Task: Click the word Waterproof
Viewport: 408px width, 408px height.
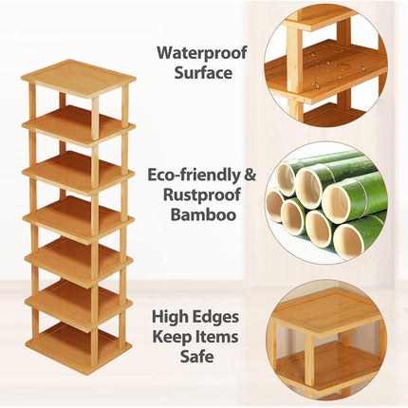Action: [x=202, y=53]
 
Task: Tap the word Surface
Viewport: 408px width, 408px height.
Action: [x=203, y=73]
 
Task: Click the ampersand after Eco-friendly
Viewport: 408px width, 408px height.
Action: [x=250, y=175]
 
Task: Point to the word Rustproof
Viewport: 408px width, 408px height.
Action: [x=202, y=195]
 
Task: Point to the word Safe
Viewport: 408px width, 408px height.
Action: [x=197, y=357]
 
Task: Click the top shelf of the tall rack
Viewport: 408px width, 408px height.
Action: [x=79, y=79]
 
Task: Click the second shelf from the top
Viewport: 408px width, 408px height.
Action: [x=79, y=124]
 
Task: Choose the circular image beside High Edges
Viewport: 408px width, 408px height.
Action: [x=326, y=340]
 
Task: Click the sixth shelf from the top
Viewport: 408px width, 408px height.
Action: [x=79, y=305]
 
